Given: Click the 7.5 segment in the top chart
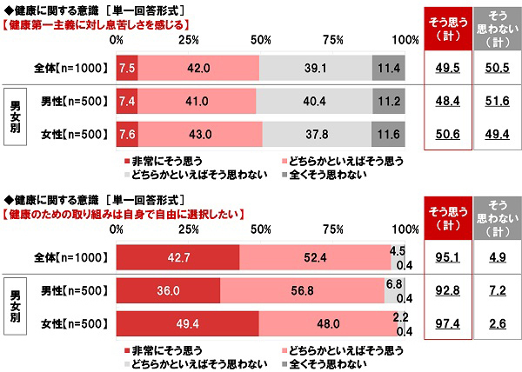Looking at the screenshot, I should [x=127, y=68].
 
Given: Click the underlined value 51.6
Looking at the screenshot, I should [x=497, y=102].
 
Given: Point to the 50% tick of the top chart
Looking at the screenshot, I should [x=259, y=40].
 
